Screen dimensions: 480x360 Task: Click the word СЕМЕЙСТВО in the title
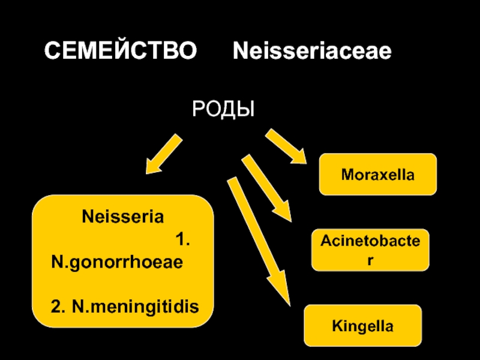(121, 50)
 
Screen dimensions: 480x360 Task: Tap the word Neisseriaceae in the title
(312, 50)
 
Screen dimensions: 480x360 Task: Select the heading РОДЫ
(223, 109)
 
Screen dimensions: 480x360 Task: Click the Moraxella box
(378, 174)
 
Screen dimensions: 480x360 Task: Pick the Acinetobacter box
(370, 250)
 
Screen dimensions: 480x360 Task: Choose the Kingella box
(363, 325)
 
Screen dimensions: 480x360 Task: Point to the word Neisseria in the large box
(123, 217)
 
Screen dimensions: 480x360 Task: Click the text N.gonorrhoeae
(117, 263)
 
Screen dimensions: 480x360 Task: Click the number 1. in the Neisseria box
(183, 239)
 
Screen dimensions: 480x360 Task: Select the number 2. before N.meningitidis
(58, 307)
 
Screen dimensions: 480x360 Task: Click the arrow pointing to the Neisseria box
(164, 154)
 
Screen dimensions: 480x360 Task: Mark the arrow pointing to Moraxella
(286, 146)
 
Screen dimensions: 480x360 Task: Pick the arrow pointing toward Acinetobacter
(266, 188)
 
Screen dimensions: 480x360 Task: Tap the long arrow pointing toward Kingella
(259, 241)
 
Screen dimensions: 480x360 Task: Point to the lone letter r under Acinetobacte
(370, 260)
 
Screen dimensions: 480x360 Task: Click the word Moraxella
(378, 175)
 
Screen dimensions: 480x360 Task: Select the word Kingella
(363, 326)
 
